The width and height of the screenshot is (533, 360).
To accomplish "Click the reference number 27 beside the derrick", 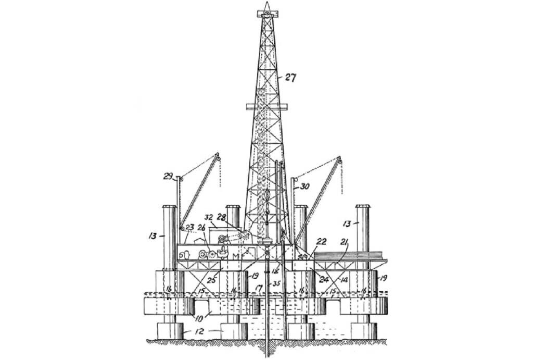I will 289,78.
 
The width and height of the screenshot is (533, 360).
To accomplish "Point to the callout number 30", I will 304,184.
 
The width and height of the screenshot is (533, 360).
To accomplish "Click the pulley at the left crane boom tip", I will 218,158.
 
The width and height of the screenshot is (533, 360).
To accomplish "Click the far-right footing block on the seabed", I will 364,330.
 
